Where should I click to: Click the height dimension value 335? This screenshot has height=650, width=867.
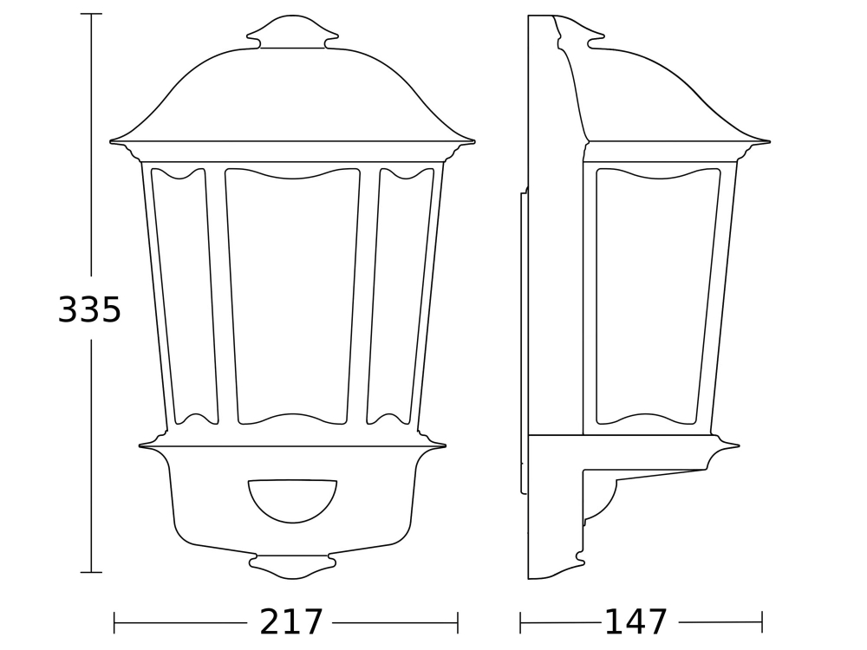pos(89,310)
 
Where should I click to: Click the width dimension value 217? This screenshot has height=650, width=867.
pos(291,622)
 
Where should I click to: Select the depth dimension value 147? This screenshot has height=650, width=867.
pos(636,622)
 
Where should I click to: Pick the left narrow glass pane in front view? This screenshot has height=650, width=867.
pos(185,295)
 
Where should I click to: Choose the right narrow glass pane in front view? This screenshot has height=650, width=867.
pos(401,295)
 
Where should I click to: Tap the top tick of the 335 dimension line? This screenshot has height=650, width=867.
pos(91,15)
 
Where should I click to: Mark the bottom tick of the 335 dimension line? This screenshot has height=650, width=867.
pos(91,572)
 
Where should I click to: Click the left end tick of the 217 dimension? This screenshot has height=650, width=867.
pos(114,622)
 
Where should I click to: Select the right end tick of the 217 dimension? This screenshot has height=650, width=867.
pos(458,622)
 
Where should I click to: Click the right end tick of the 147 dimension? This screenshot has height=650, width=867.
pos(762,622)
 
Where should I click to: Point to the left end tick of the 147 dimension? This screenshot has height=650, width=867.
pos(520,622)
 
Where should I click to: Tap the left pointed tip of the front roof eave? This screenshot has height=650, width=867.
pos(112,140)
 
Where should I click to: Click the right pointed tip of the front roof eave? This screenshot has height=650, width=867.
pos(473,140)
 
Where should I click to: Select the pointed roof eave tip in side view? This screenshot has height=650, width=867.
pos(768,141)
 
